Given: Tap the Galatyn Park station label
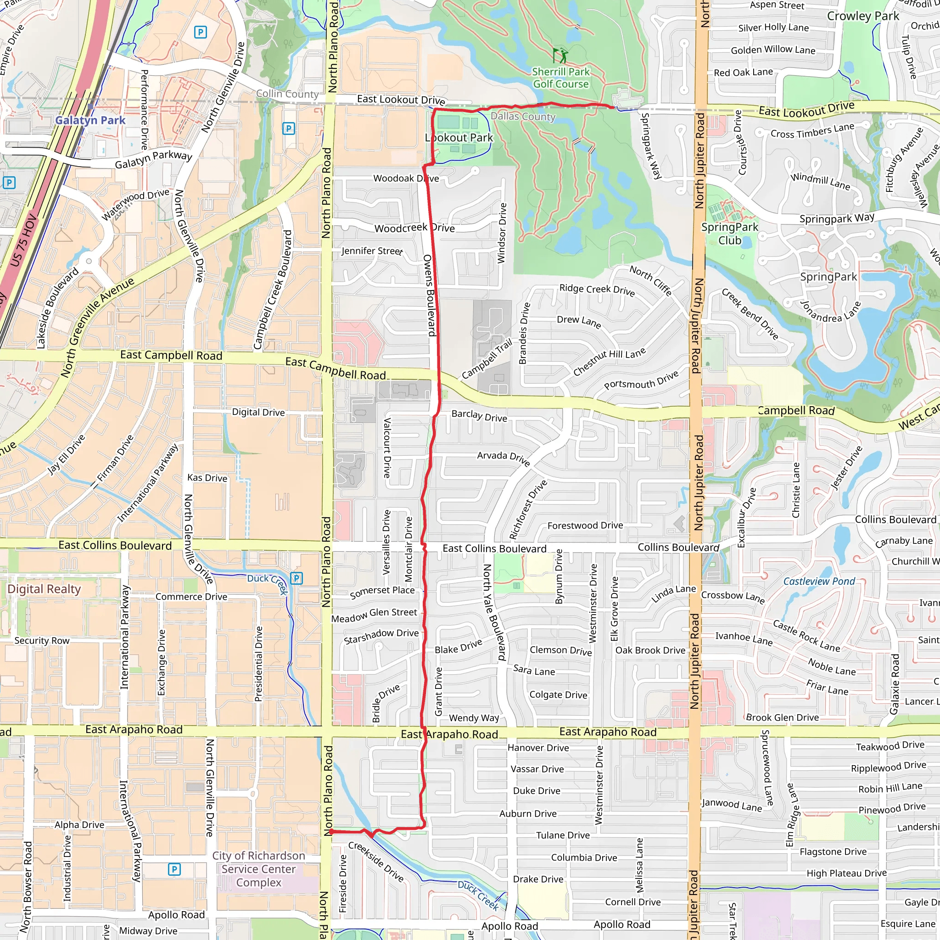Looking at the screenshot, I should click(90, 120).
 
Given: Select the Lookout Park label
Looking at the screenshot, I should click(459, 138).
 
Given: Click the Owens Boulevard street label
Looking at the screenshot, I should click(429, 295).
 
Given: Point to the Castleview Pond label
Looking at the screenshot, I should click(819, 581).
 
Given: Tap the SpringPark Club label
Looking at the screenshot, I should click(729, 234).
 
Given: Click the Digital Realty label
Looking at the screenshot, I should click(44, 589).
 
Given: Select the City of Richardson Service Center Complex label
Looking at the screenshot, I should click(258, 869).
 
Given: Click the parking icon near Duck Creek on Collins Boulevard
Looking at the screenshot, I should click(297, 578).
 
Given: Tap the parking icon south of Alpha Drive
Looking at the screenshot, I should click(174, 869).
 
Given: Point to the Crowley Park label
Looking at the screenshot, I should click(863, 16).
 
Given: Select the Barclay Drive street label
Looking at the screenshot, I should click(479, 415).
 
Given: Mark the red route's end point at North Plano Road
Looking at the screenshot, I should click(331, 832).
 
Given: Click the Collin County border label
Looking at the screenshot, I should click(287, 94).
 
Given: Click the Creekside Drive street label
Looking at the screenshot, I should click(376, 862).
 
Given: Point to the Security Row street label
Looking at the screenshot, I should click(42, 640).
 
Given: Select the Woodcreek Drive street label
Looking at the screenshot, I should click(414, 228).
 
